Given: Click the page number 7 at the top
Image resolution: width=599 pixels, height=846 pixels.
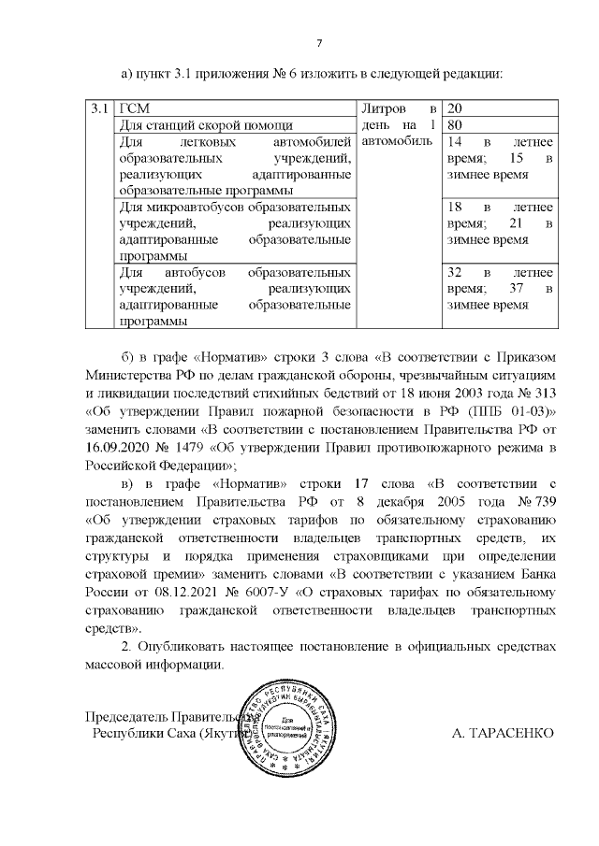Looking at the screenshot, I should coord(319,43).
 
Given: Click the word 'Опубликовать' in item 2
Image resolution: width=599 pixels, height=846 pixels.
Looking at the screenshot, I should coord(184,646).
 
